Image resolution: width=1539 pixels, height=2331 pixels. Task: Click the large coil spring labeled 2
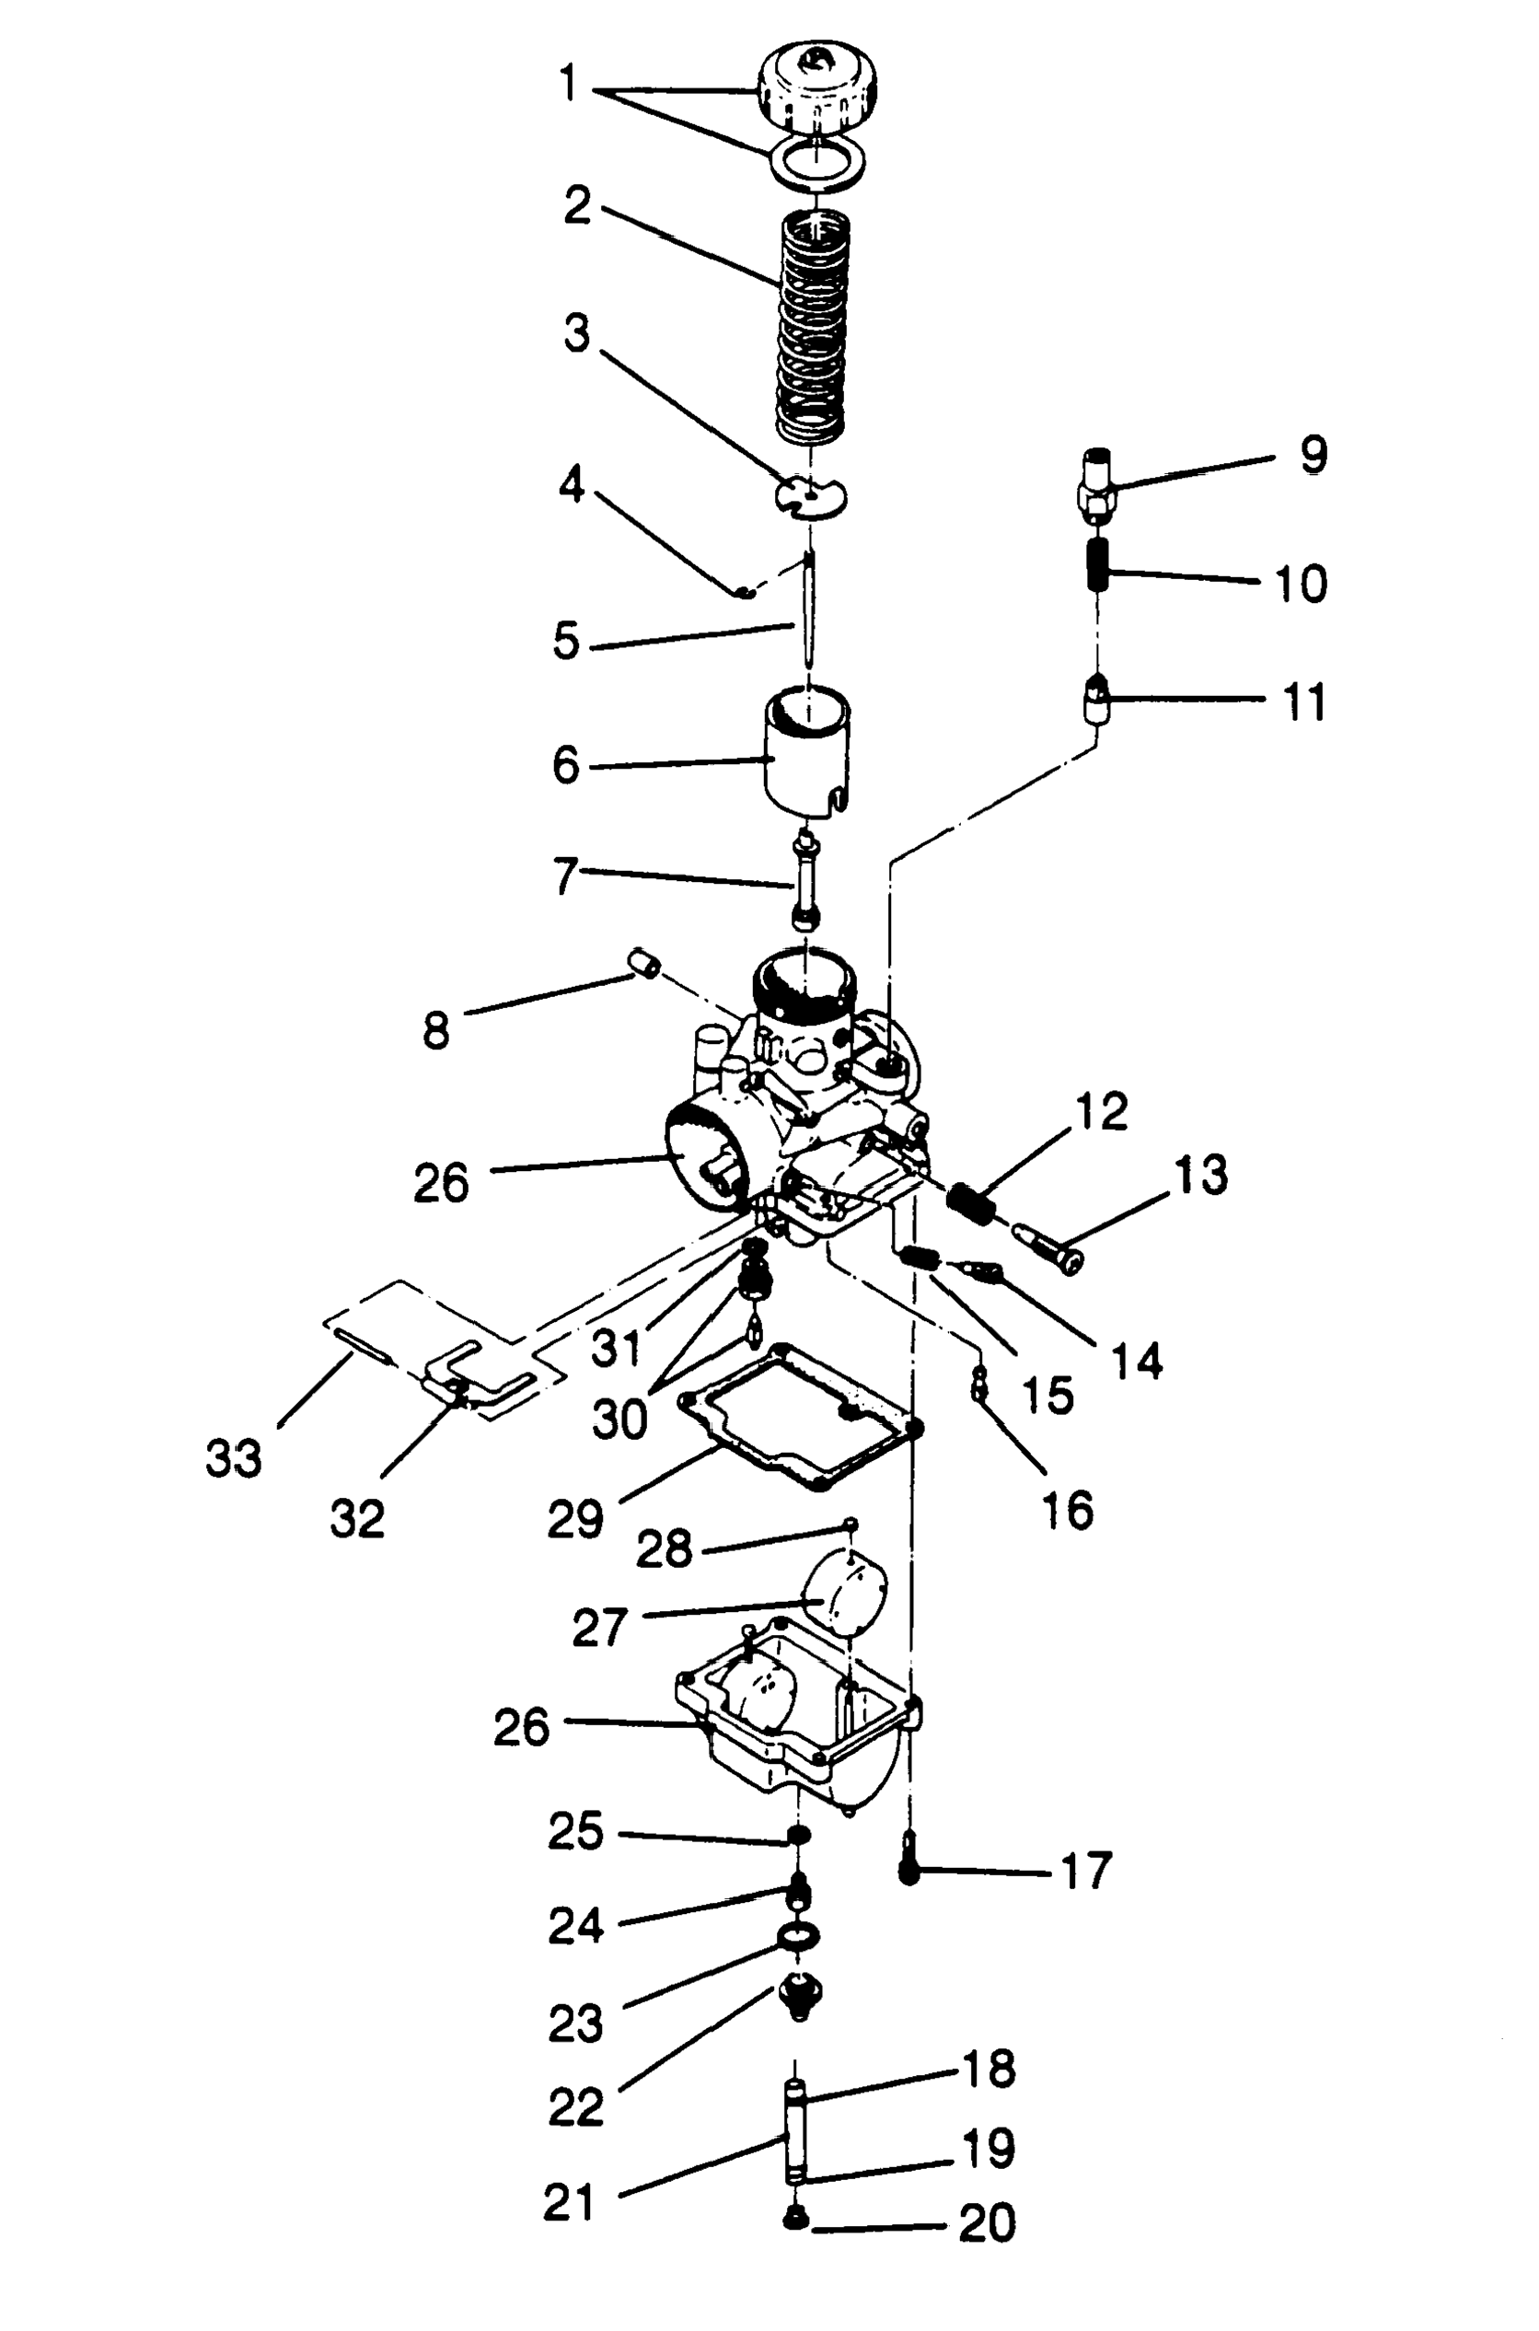tap(813, 329)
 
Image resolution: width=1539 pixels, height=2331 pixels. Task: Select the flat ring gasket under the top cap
tap(816, 162)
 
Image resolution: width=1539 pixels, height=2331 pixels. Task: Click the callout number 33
tap(234, 1458)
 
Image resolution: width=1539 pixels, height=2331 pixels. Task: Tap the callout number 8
tap(435, 1030)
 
